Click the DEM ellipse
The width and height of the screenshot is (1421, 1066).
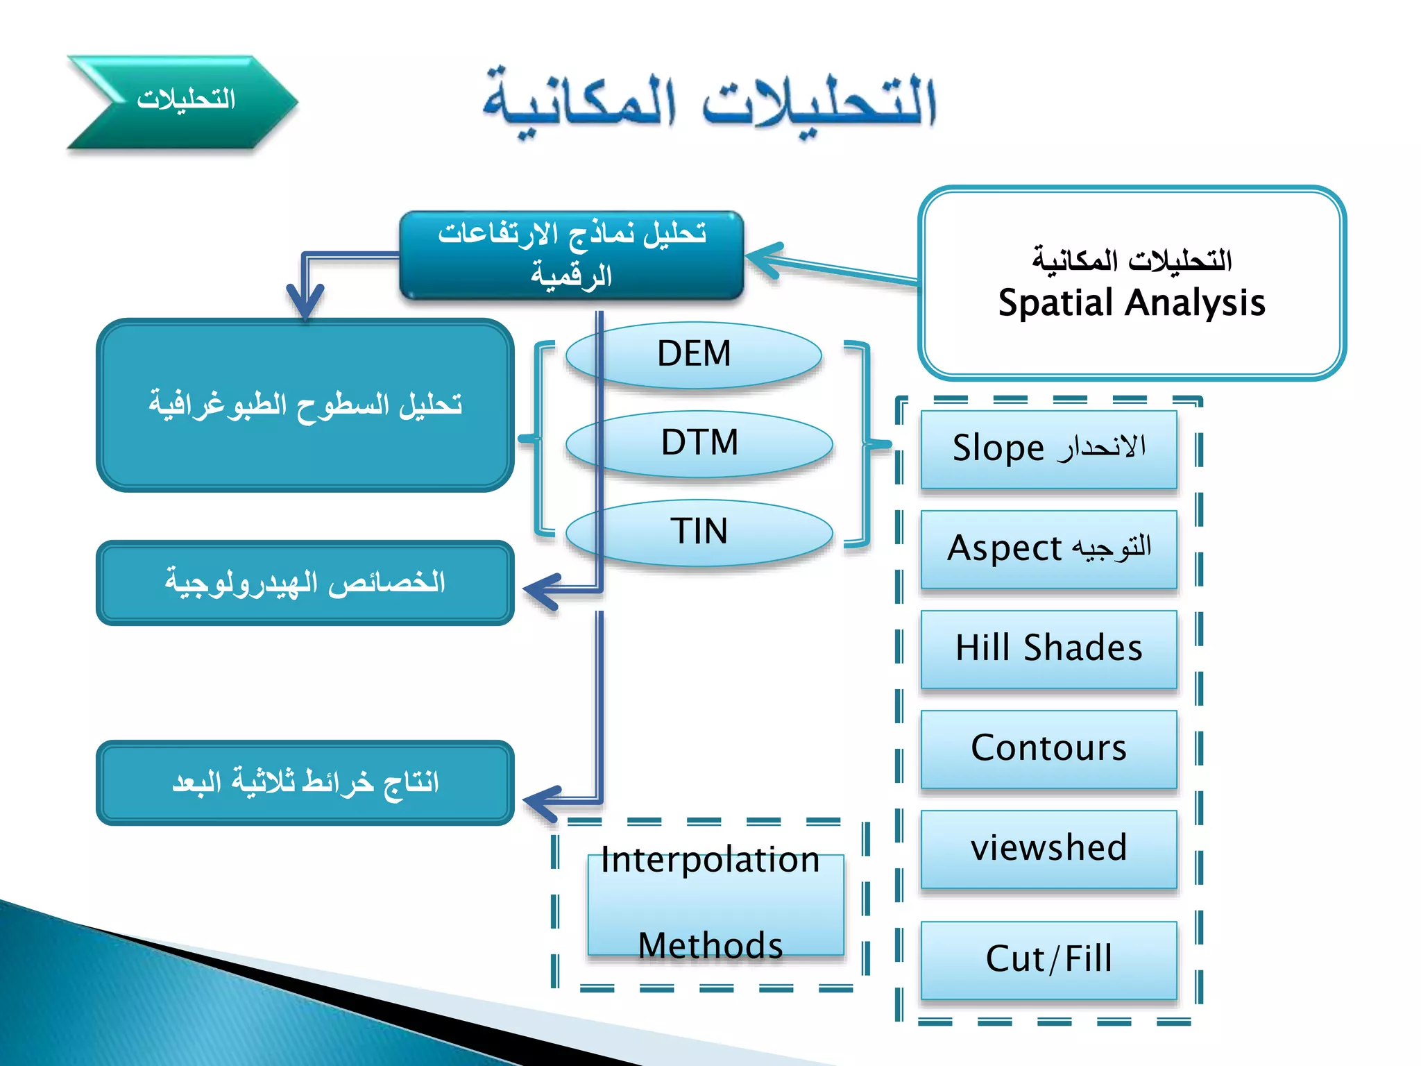[694, 355]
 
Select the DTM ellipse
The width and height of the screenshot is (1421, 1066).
[699, 443]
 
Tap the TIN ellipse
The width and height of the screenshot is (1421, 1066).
[699, 532]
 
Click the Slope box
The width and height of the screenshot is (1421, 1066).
[1048, 448]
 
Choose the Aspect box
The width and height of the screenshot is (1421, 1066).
[1048, 548]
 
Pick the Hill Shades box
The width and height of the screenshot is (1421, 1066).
[1048, 648]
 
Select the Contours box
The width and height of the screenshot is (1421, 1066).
[1048, 748]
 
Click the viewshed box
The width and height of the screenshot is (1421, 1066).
[1048, 848]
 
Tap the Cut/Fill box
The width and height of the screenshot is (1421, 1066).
[1048, 959]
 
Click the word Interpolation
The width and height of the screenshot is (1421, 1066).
[710, 860]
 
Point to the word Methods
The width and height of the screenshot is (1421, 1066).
[710, 945]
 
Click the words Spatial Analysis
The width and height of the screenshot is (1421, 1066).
[1132, 303]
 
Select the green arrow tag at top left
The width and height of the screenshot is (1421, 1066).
[182, 101]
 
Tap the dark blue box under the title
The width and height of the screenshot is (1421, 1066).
[571, 255]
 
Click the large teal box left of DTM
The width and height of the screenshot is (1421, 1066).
[305, 405]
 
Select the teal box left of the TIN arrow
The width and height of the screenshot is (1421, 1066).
[305, 582]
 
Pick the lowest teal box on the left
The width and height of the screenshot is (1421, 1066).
[305, 782]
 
